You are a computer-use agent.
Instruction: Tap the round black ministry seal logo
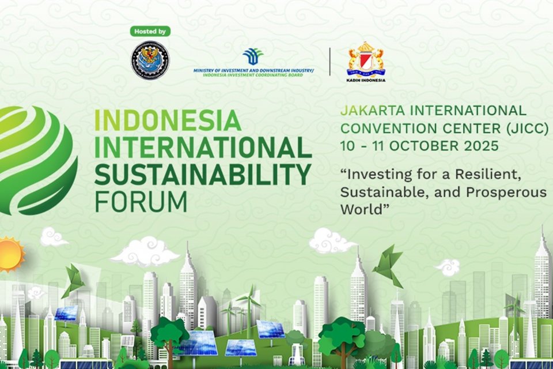point(150,60)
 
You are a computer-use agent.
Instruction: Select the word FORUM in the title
point(141,201)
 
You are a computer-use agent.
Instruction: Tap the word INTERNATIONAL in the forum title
point(203,147)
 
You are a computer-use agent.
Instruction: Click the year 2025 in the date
point(479,146)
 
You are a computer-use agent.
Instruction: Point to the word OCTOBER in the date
point(423,146)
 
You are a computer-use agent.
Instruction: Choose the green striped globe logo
point(35,160)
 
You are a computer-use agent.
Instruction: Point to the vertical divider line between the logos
point(330,61)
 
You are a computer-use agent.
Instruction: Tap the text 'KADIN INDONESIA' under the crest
point(366,80)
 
